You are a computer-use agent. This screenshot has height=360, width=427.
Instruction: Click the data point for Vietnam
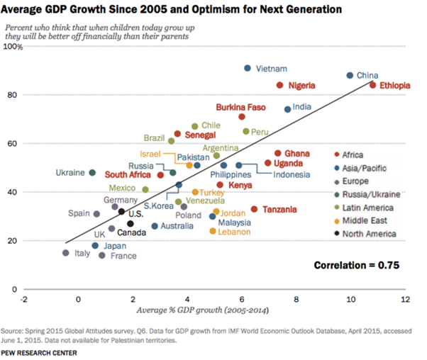pos(248,68)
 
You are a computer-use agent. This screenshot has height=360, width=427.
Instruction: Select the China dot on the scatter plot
pos(350,75)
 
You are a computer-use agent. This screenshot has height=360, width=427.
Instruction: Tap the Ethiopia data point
pos(372,85)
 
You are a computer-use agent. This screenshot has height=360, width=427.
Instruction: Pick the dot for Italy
pos(66,252)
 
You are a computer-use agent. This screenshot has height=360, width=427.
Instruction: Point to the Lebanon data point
pos(213,231)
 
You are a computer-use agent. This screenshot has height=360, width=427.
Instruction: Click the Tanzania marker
pos(254,209)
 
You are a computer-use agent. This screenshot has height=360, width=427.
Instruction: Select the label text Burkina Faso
pos(240,107)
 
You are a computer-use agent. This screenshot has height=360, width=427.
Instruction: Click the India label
pos(301,107)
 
